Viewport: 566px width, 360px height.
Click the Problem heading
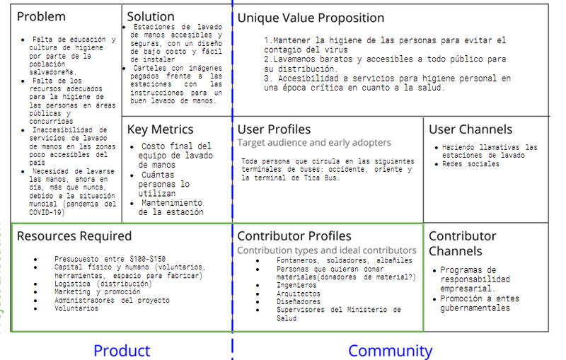pos(41,16)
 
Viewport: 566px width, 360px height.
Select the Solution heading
pos(151,16)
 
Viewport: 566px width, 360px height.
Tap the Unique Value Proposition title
pos(311,18)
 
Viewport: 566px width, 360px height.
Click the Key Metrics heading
pos(161,129)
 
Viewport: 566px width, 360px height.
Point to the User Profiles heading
pos(274,129)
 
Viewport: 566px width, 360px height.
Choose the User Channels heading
pos(470,129)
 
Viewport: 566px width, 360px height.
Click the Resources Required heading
pos(74,236)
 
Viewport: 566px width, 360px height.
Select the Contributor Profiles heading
pos(294,236)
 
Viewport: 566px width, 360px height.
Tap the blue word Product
pos(122,351)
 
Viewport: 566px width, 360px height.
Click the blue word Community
pos(391,351)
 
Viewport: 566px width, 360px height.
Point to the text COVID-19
pos(47,212)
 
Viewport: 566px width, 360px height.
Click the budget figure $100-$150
pos(148,259)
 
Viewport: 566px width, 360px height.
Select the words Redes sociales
pos(470,164)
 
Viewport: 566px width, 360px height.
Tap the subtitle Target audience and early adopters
pos(314,143)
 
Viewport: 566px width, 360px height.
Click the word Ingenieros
pos(296,285)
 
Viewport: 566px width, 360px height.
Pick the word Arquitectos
pos(298,294)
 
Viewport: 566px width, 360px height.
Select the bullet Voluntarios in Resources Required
pos(76,308)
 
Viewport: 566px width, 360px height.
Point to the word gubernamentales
pos(475,308)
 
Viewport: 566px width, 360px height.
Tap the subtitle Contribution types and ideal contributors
pos(327,250)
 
